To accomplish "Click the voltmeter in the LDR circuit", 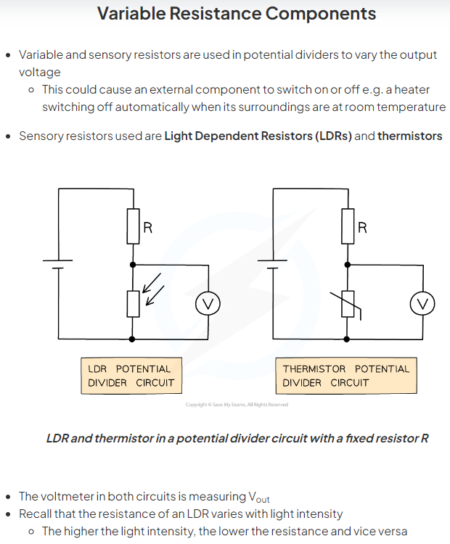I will (x=208, y=304).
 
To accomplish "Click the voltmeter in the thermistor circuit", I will (x=422, y=304).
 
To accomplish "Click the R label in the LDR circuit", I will (x=147, y=228).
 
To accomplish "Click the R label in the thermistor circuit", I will (x=362, y=228).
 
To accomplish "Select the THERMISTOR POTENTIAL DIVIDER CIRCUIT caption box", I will (x=346, y=376).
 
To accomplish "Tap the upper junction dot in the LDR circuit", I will (x=133, y=265).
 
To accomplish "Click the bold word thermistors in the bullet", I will (x=409, y=136).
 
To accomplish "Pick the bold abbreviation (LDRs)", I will (x=332, y=136).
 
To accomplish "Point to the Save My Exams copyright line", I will (x=237, y=405).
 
